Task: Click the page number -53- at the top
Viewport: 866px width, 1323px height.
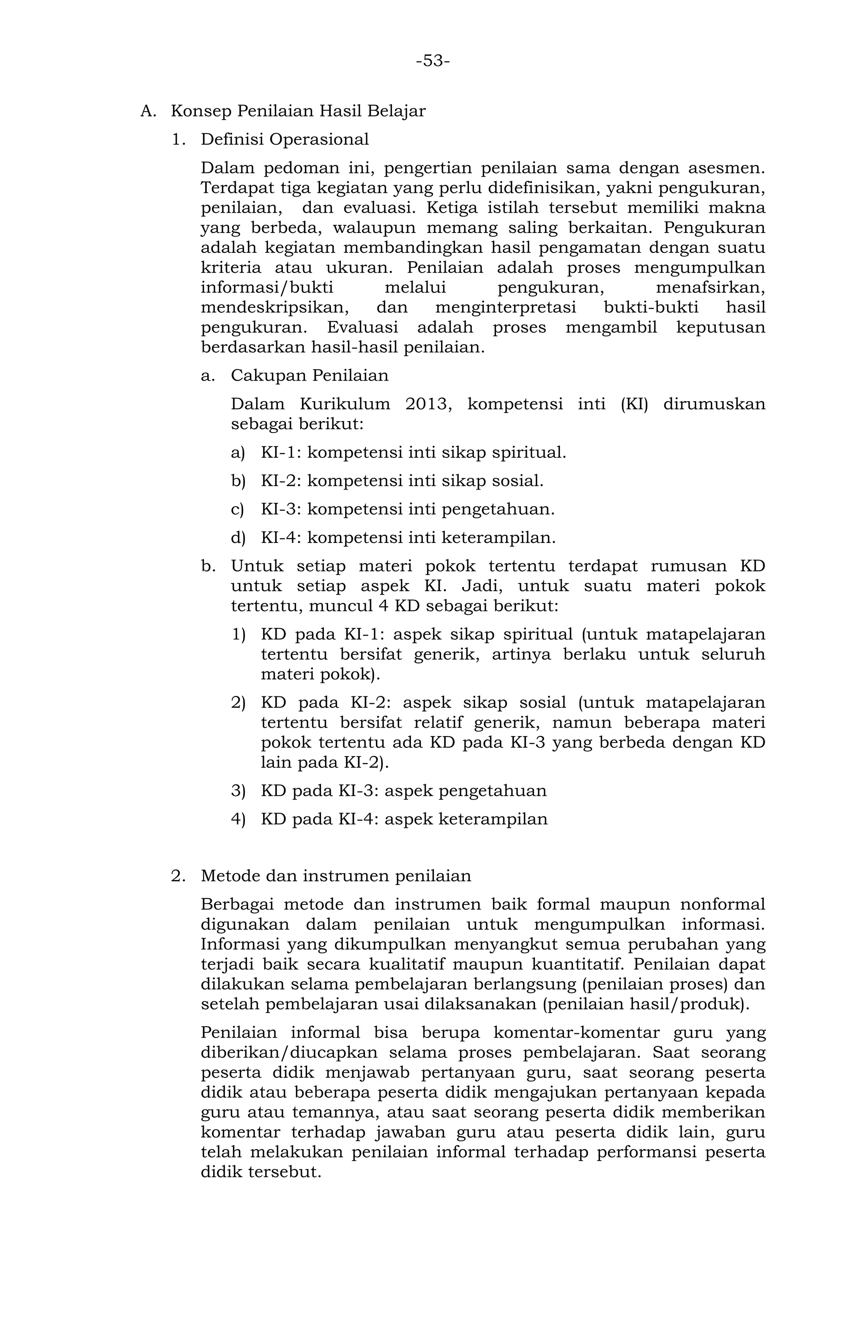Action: point(433,60)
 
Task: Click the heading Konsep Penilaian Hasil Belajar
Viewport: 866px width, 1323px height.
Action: point(298,111)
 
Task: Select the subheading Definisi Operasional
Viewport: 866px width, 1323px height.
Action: point(285,140)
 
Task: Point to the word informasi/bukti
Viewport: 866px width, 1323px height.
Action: point(267,288)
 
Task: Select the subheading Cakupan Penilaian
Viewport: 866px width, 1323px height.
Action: point(310,376)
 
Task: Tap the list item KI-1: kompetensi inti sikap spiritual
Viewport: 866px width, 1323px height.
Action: point(413,452)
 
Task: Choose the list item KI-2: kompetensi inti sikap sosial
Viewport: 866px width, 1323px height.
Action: point(402,481)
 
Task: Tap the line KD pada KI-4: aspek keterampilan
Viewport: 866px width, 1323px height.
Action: point(404,819)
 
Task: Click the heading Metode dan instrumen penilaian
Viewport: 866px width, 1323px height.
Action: point(336,876)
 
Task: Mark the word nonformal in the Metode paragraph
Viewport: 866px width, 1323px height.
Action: point(722,904)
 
